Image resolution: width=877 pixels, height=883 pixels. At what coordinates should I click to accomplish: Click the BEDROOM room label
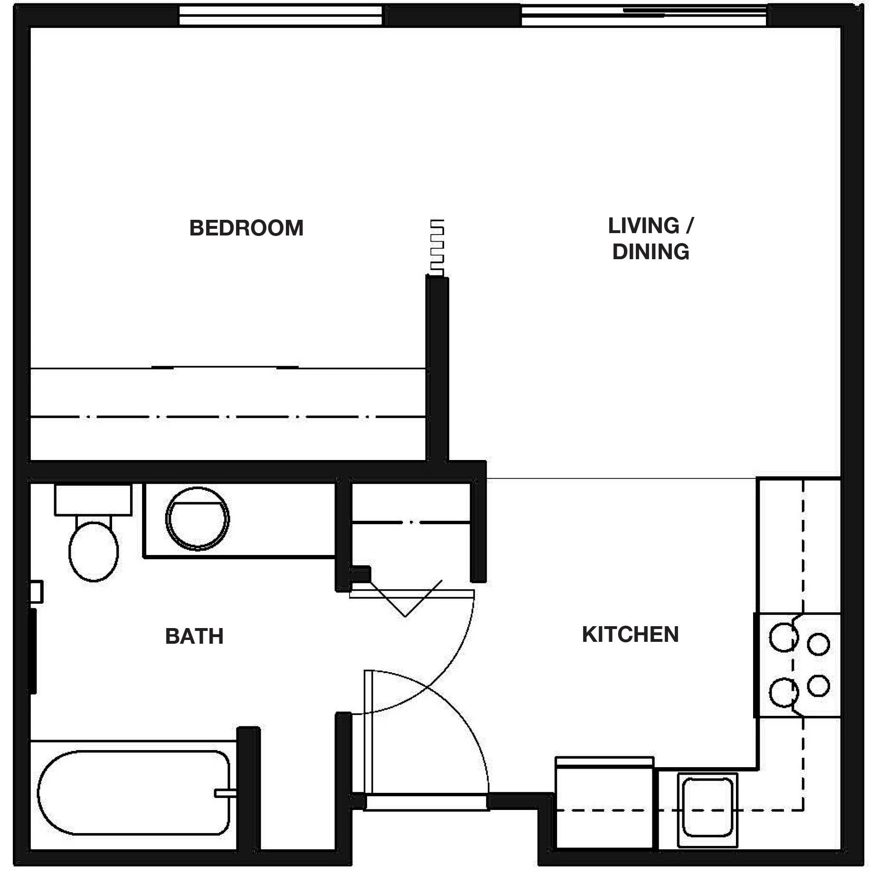tap(246, 228)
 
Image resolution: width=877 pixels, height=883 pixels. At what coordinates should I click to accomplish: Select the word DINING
tap(651, 252)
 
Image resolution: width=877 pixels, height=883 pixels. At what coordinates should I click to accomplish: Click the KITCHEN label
tap(630, 634)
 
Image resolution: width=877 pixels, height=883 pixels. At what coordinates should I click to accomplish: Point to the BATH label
tap(194, 636)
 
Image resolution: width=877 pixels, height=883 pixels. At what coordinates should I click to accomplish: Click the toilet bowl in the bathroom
tap(94, 551)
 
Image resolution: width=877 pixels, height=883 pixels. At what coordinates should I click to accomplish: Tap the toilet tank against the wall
tap(93, 499)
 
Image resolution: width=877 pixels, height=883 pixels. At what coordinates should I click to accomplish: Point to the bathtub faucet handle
tap(225, 793)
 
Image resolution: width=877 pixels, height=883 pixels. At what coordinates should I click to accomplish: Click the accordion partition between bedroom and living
tap(437, 247)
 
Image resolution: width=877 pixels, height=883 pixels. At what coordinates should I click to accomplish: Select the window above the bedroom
tap(280, 15)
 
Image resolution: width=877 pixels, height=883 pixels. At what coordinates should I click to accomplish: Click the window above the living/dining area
tap(643, 15)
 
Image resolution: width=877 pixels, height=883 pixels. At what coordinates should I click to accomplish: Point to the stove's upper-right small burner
tap(818, 644)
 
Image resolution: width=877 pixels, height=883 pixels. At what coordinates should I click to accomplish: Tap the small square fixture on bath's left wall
tap(37, 592)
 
